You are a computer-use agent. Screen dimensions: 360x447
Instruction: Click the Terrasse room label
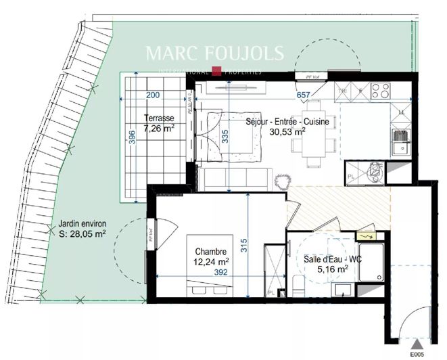[x=158, y=118]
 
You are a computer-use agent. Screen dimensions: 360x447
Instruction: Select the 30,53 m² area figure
[x=286, y=133]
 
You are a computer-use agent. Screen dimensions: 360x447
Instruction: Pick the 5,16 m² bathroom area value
[x=332, y=268]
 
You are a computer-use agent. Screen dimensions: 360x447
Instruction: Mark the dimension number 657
[x=303, y=95]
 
